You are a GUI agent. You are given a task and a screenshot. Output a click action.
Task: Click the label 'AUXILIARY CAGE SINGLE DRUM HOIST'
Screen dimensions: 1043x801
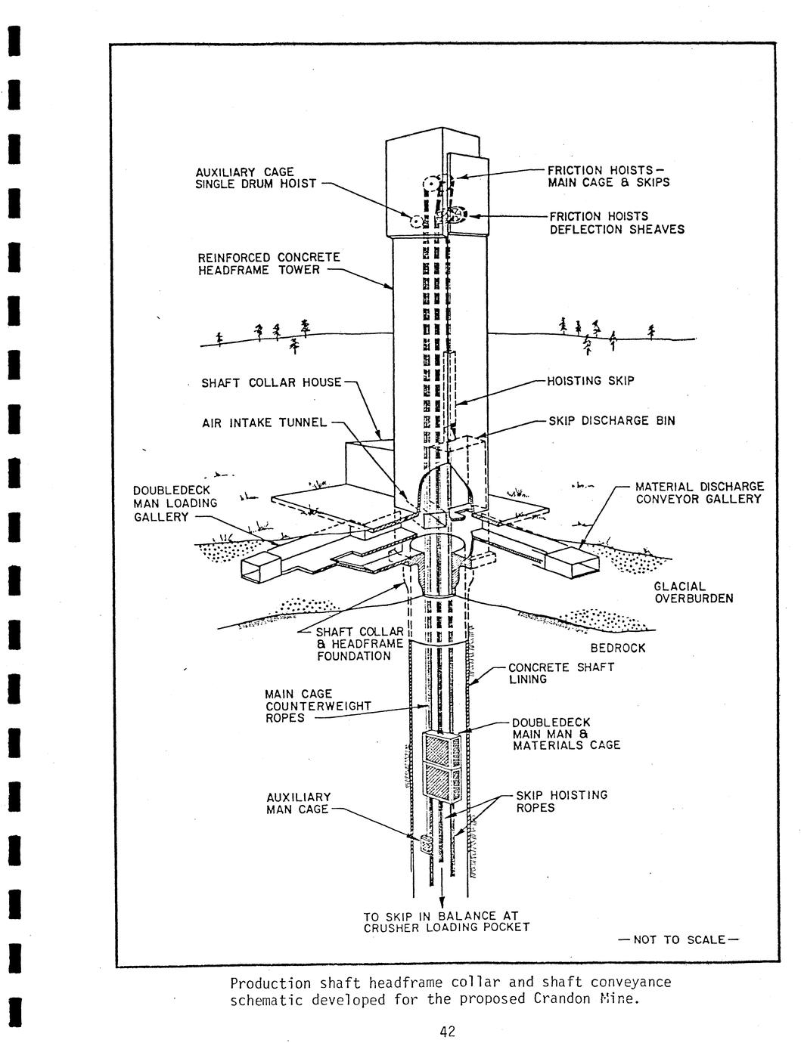256,178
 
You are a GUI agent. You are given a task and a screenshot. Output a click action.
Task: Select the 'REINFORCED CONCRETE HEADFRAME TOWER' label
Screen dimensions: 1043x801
269,264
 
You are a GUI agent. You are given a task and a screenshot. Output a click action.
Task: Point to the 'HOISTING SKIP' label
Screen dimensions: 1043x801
591,380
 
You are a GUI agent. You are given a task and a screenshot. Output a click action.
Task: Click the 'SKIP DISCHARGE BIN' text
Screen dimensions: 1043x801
612,421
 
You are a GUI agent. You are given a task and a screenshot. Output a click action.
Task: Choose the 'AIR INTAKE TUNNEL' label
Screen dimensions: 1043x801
264,423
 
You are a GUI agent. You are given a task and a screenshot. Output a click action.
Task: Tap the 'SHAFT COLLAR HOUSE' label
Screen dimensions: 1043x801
271,382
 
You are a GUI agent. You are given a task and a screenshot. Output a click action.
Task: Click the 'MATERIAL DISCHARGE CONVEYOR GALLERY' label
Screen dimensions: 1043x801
699,493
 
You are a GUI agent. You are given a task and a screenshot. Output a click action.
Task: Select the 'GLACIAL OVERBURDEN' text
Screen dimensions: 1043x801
693,593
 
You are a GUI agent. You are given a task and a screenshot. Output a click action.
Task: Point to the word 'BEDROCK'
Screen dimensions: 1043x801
617,648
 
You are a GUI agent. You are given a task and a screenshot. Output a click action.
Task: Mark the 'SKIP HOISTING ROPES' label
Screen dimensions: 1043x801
560,801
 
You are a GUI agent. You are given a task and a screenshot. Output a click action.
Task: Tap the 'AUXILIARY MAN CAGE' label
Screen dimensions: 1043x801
298,803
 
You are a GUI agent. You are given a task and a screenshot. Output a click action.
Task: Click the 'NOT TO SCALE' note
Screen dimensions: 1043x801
678,940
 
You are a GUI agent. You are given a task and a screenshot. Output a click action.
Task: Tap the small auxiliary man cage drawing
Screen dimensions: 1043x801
425,843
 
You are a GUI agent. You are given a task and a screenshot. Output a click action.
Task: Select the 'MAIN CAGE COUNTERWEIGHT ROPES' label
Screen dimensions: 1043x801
317,706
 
